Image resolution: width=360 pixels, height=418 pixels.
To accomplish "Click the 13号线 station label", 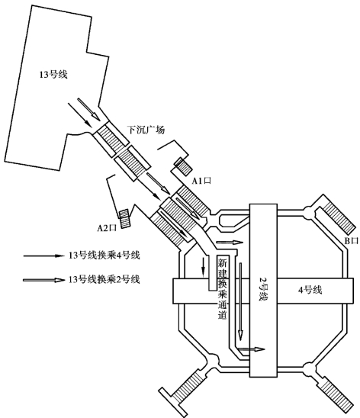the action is point(53,75).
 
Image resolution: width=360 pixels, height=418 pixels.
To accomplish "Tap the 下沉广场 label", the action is point(146,130).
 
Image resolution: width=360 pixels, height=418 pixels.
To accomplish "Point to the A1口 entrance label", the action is point(201,181).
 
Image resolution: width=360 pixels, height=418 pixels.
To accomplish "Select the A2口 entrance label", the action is point(107,228).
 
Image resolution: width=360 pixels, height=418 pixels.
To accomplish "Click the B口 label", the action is point(352,241).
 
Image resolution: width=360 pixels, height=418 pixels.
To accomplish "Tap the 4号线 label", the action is point(310,290).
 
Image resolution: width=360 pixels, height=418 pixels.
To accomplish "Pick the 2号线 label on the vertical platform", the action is point(262,289).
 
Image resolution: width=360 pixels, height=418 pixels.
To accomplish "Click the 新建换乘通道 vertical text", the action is point(223,288).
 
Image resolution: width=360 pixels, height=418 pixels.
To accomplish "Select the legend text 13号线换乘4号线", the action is point(104,256).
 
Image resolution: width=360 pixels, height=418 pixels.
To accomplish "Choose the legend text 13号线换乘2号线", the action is point(104,280).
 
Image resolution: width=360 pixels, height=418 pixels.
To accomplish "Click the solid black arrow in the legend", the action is point(44,256).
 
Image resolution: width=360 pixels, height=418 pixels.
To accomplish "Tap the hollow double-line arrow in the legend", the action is point(44,280).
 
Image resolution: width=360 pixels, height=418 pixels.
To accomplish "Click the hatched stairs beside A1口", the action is point(182,166).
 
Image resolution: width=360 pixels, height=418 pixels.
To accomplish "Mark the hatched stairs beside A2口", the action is point(124,219).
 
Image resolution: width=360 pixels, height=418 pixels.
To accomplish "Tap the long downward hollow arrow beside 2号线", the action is point(240,302).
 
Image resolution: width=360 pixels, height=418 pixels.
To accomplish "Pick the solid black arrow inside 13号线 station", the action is point(80,115).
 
